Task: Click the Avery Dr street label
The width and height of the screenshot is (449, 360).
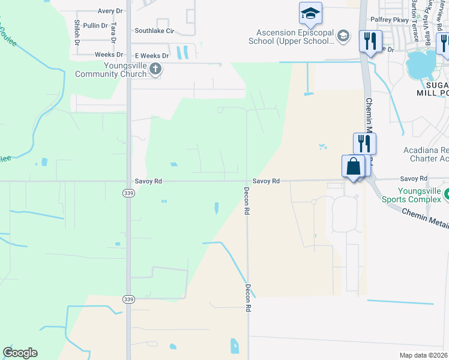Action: tap(110, 11)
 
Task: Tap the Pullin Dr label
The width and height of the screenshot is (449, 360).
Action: tap(95, 26)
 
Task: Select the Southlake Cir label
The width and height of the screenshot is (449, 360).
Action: tap(154, 31)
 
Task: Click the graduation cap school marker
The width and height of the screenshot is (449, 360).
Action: tap(310, 13)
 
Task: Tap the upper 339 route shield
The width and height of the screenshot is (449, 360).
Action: tap(128, 193)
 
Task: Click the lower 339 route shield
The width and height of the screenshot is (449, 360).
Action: tap(128, 299)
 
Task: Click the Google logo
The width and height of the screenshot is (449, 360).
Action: tap(20, 352)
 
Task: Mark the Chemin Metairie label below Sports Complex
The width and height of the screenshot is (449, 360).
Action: tap(424, 217)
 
